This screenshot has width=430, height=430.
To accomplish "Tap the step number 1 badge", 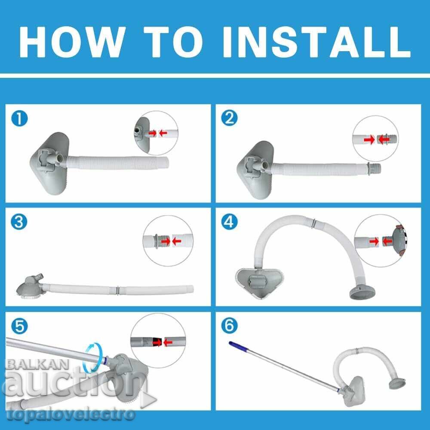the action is pyautogui.click(x=19, y=119).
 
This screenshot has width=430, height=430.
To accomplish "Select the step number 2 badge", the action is pyautogui.click(x=229, y=118).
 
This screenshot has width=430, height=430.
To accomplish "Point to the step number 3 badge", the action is pyautogui.click(x=19, y=222).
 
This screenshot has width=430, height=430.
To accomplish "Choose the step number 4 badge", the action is pyautogui.click(x=229, y=221).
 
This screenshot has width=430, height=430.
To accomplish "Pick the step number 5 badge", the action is pyautogui.click(x=19, y=326).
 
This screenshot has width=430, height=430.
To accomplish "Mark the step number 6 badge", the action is pyautogui.click(x=229, y=326).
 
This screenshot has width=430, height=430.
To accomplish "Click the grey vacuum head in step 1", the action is pyautogui.click(x=49, y=163).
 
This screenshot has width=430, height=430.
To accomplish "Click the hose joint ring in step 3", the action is pyautogui.click(x=118, y=290).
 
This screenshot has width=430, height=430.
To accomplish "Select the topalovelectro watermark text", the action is pyautogui.click(x=71, y=415).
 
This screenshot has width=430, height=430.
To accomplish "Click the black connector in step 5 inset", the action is pyautogui.click(x=156, y=342).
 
